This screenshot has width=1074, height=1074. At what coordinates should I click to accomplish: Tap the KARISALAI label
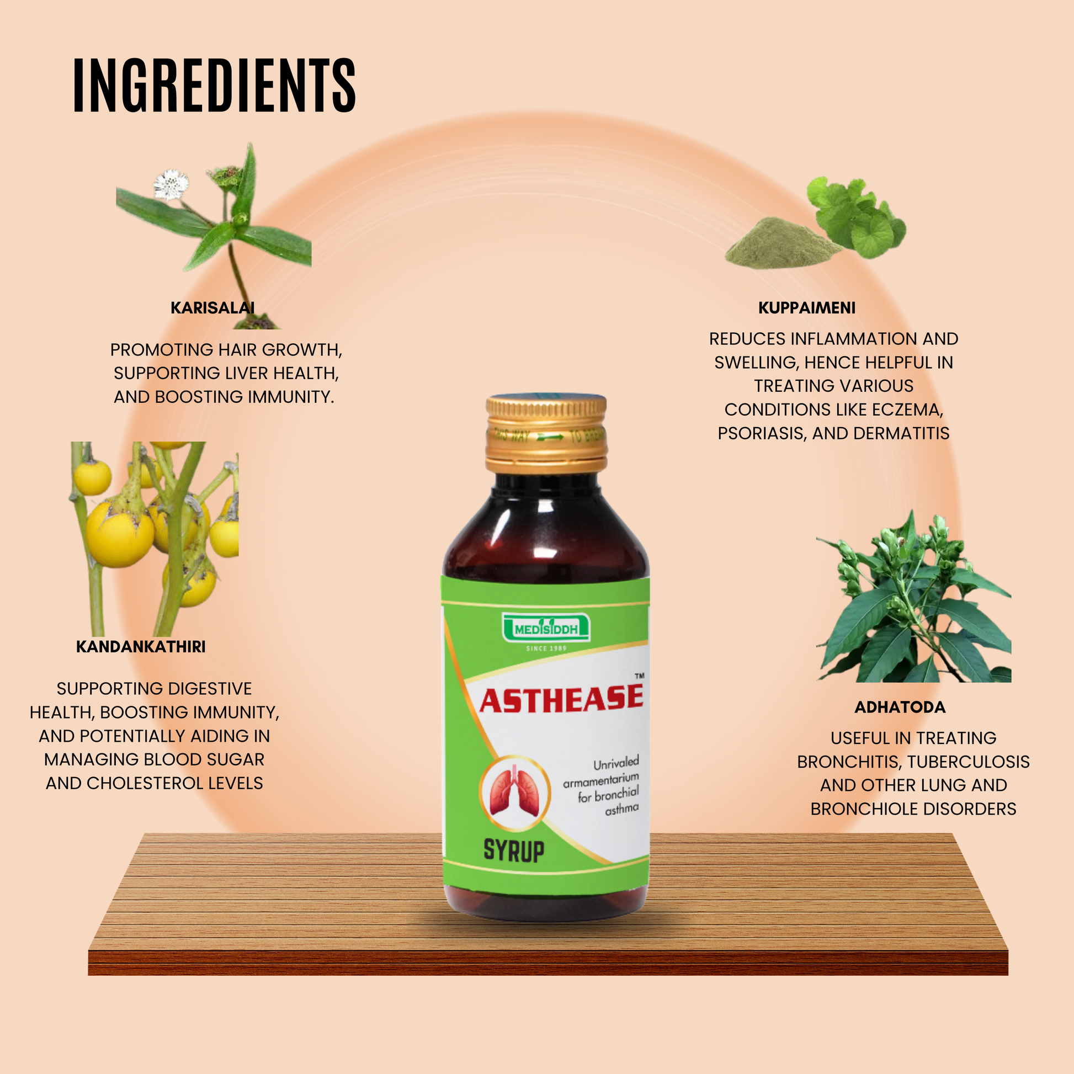click(212, 307)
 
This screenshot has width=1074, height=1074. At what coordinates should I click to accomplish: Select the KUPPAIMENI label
click(807, 307)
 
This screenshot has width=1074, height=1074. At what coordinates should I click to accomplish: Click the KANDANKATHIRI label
click(141, 646)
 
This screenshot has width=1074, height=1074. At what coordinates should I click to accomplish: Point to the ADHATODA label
click(900, 707)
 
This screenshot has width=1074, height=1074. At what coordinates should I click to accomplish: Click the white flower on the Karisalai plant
click(170, 184)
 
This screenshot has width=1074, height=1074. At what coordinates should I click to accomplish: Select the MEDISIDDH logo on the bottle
click(546, 629)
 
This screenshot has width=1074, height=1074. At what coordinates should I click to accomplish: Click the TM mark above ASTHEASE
click(639, 676)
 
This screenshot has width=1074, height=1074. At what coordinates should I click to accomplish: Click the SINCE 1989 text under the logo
click(546, 648)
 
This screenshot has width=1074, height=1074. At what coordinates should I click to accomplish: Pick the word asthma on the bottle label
click(621, 810)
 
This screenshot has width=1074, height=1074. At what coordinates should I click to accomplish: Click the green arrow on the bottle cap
click(550, 437)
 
